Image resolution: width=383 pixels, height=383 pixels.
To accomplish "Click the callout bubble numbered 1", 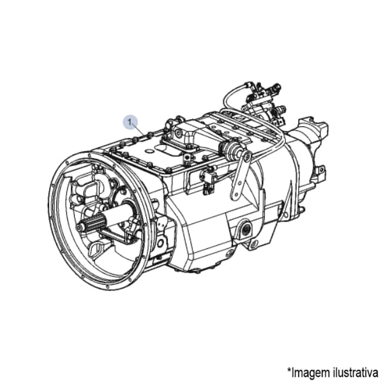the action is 130,122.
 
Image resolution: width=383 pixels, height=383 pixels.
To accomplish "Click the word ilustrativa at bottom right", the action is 356,372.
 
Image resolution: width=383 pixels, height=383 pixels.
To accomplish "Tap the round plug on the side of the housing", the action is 245,230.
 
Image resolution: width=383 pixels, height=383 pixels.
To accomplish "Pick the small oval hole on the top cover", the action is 149,152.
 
